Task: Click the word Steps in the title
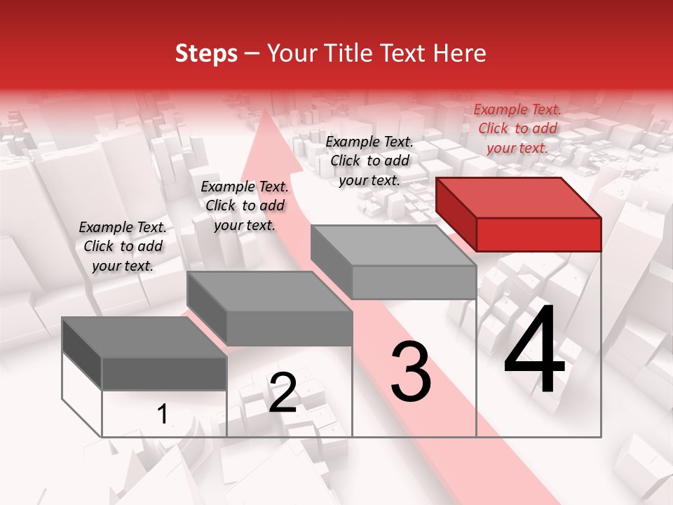pyautogui.click(x=206, y=54)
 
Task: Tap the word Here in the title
pyautogui.click(x=459, y=54)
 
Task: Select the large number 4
pyautogui.click(x=534, y=351)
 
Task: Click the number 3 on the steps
pyautogui.click(x=411, y=372)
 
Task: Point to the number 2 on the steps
pyautogui.click(x=283, y=393)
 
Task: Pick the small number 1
pyautogui.click(x=163, y=415)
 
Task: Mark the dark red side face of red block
pyautogui.click(x=456, y=217)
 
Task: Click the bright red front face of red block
pyautogui.click(x=538, y=234)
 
